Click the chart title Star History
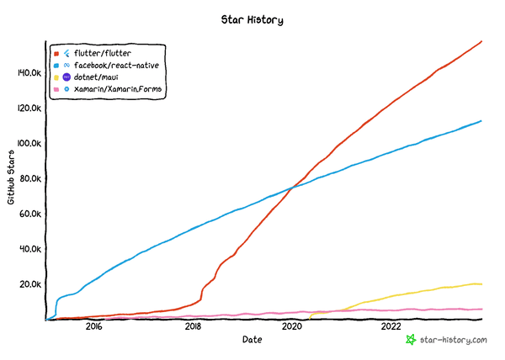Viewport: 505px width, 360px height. pyautogui.click(x=252, y=18)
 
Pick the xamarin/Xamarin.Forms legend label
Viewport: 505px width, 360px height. pyautogui.click(x=118, y=88)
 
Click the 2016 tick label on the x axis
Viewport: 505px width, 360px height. pyautogui.click(x=93, y=326)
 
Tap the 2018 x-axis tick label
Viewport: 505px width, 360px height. pyautogui.click(x=193, y=326)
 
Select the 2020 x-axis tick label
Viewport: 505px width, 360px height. pyautogui.click(x=292, y=326)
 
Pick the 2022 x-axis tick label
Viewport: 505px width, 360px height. pyautogui.click(x=391, y=326)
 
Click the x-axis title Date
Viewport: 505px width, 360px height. pyautogui.click(x=252, y=340)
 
